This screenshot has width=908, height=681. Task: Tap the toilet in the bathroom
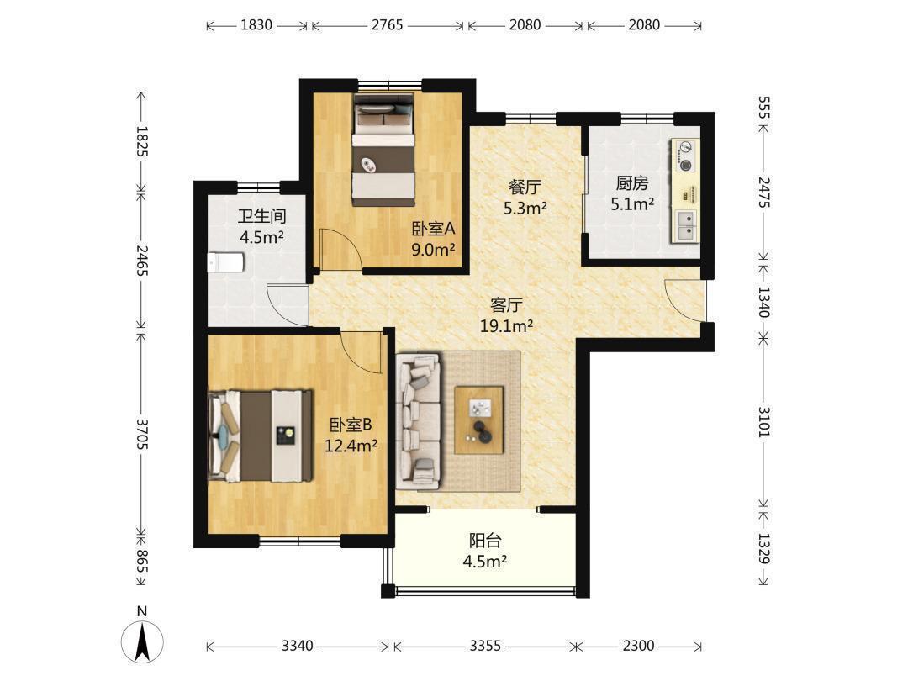(x=226, y=263)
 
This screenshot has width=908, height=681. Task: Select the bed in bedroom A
(x=384, y=150)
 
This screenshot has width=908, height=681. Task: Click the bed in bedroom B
(x=261, y=436)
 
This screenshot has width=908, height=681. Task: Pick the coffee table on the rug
(x=479, y=420)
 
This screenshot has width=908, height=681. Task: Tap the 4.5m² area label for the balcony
(x=485, y=561)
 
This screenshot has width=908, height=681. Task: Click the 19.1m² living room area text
(x=507, y=326)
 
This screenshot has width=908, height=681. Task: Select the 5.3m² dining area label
(x=525, y=208)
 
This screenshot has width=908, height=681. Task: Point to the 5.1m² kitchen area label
(x=632, y=203)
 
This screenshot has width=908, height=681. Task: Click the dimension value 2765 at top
(x=388, y=25)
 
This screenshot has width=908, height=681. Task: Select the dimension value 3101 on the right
(x=763, y=421)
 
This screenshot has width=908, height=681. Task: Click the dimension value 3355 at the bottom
(x=485, y=645)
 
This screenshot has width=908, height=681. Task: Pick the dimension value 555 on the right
(x=763, y=108)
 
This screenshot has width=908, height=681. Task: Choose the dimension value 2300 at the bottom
(x=639, y=645)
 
